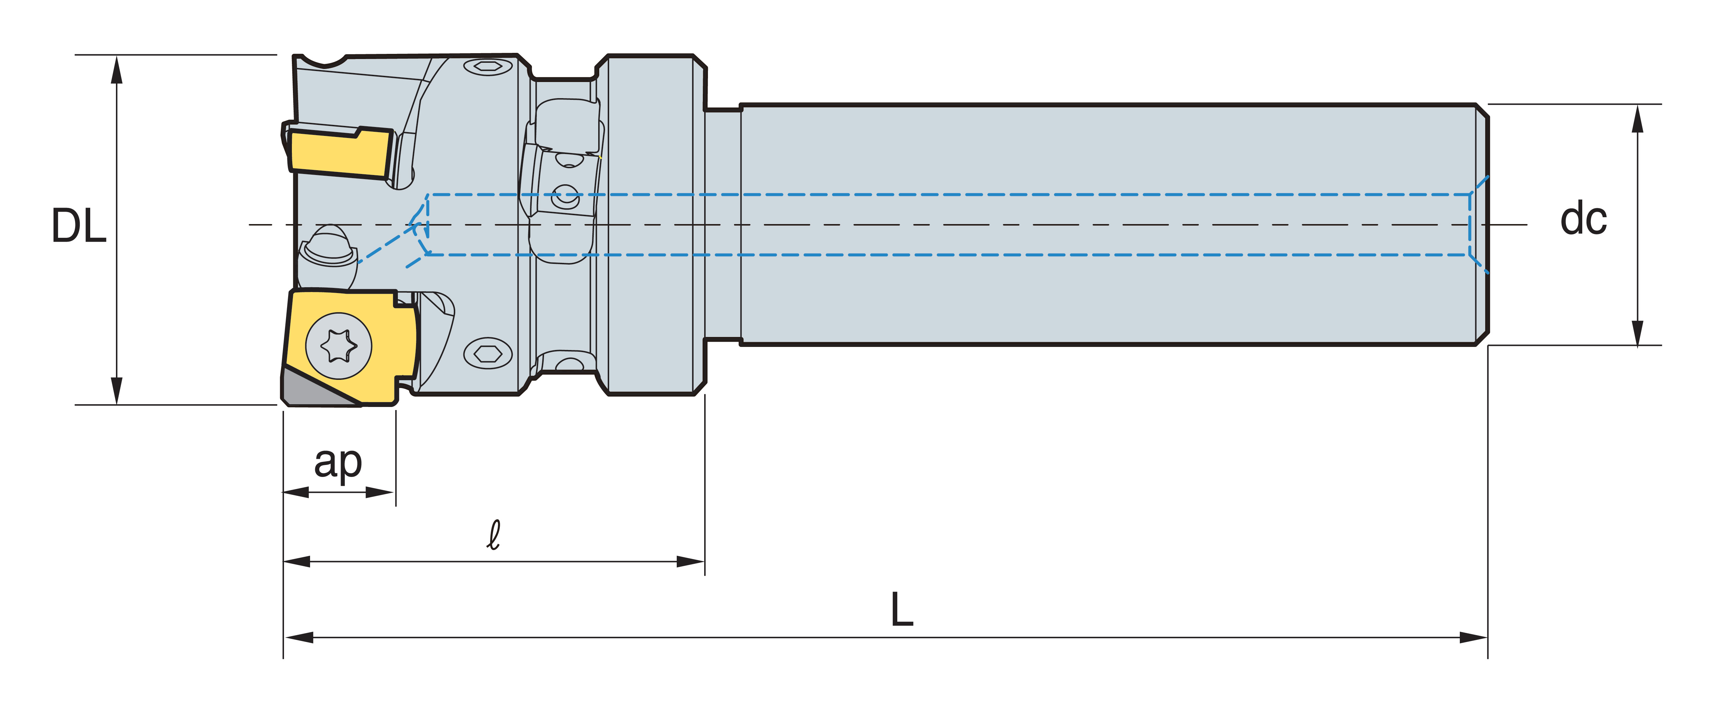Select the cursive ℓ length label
(x=494, y=535)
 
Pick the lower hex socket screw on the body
(x=488, y=353)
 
